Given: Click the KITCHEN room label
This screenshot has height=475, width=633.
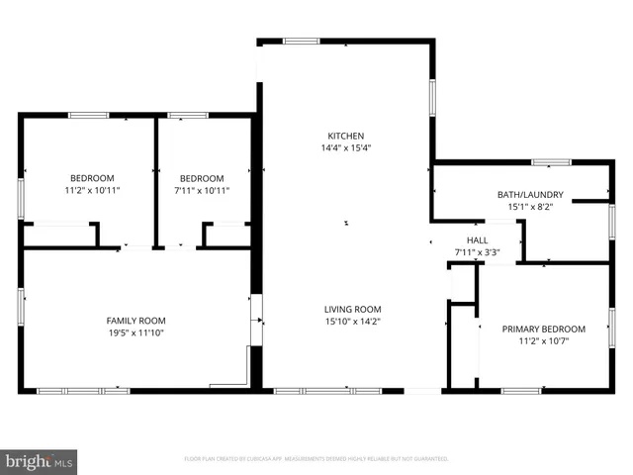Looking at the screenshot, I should [346, 136].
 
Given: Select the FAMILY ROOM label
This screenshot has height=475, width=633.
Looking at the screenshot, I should [136, 321].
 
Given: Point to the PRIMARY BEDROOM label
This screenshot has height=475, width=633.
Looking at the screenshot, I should [543, 329].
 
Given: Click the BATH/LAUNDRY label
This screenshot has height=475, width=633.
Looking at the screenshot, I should [530, 195].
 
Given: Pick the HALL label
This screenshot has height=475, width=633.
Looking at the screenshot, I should [478, 240].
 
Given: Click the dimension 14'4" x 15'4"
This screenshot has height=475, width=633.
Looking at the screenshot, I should [346, 148].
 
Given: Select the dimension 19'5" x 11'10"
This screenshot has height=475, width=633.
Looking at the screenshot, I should [136, 333].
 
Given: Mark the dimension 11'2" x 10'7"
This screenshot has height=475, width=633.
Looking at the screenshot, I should [543, 341].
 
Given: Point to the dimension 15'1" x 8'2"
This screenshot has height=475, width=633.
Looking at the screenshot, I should [530, 207].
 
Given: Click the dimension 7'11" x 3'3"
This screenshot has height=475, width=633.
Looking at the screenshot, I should [478, 252].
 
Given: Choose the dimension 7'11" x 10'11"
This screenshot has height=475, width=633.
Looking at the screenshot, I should [203, 190].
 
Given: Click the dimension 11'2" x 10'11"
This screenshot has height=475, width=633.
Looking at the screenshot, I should [92, 190].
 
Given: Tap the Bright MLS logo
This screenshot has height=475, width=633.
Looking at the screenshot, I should [40, 461].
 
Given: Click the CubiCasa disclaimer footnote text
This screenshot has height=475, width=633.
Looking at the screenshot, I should [316, 459].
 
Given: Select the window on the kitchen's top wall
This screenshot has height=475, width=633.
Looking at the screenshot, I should [301, 41].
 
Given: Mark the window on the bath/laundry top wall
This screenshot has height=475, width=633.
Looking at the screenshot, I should [551, 161].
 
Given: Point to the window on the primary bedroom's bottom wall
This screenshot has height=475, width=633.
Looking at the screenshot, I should [521, 391].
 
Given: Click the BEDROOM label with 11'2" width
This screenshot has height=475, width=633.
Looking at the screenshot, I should [92, 178].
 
